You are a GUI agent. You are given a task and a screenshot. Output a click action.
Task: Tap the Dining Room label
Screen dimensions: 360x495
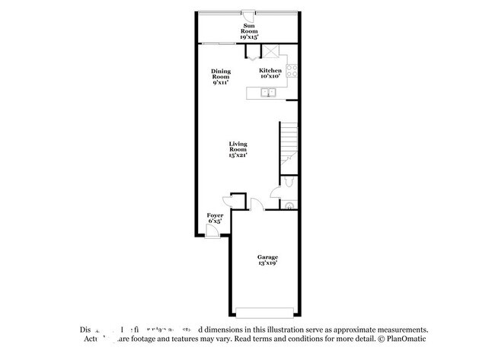[221, 76]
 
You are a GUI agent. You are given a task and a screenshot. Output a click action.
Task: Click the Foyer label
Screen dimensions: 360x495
[216, 218]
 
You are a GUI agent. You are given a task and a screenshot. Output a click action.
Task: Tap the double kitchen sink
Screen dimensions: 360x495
[268, 93]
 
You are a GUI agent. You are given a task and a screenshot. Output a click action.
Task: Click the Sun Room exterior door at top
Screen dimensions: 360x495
[249, 14]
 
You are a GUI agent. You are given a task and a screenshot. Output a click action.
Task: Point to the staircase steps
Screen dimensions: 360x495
[288, 141]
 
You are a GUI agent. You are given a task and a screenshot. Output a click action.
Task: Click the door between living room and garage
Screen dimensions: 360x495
[257, 205]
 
